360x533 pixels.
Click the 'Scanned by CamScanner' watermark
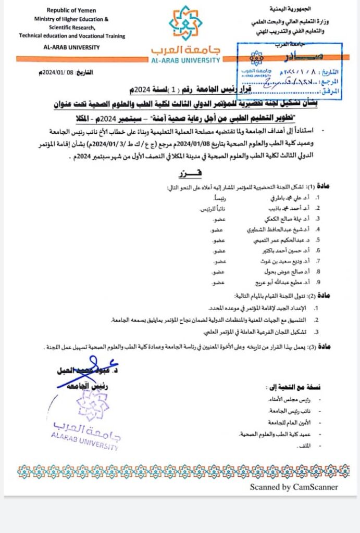pos(293,487)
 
